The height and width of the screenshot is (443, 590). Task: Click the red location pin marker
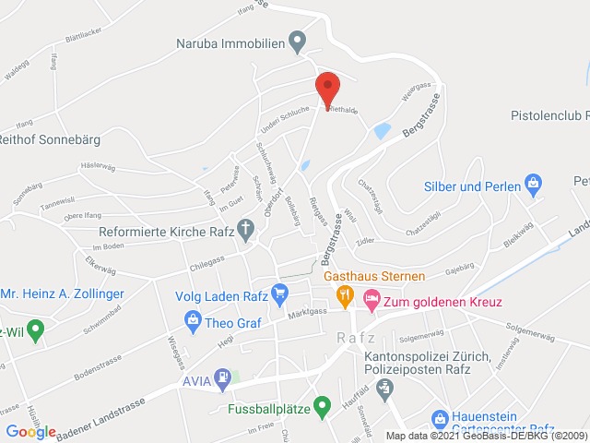click(x=327, y=90)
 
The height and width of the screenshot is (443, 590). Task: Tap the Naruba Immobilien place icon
click(x=297, y=42)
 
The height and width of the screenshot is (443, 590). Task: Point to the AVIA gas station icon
click(x=223, y=377)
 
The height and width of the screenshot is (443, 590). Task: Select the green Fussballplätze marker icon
click(x=322, y=405)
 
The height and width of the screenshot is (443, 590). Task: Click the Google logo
click(x=30, y=432)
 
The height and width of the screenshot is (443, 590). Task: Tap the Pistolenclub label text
click(x=549, y=116)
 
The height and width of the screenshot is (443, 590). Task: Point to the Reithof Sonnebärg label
click(x=49, y=140)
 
